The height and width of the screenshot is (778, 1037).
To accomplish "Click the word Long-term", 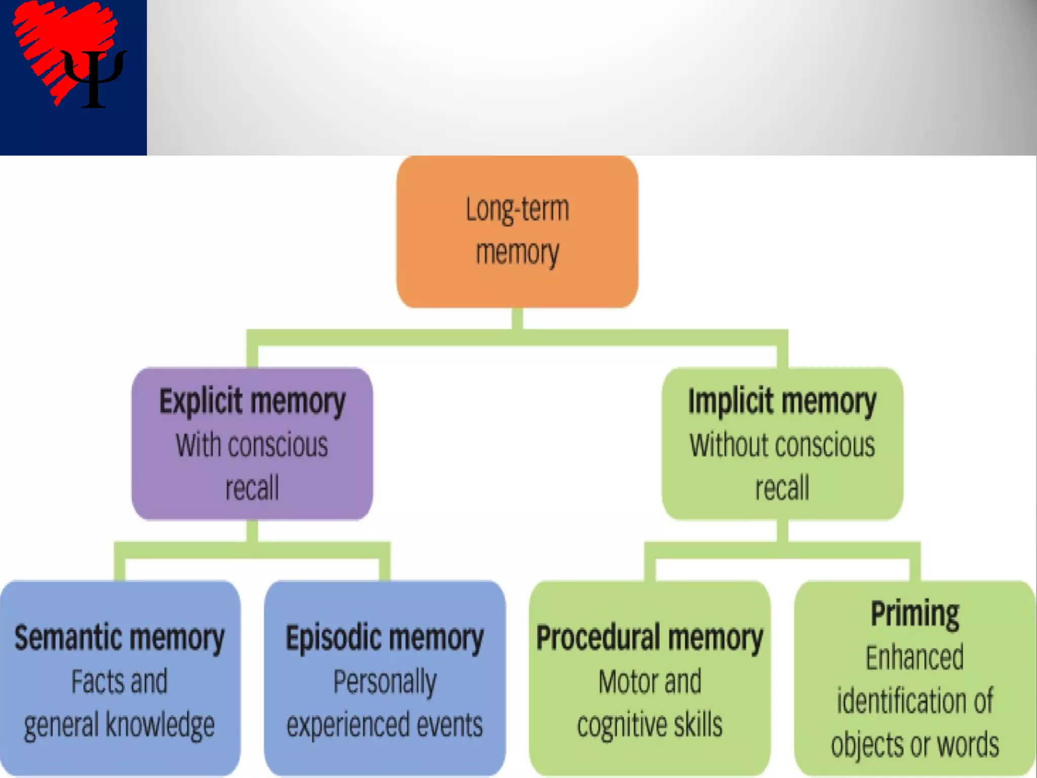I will coord(517,209).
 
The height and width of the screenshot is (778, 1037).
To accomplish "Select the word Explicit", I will coord(201,401).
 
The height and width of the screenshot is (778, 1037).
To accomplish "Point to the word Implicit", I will coord(723,401).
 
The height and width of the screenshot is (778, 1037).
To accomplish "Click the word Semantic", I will coord(60,637).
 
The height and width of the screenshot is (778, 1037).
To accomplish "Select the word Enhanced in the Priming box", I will coord(914,657).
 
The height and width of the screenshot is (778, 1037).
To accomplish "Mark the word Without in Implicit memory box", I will coord(726,445).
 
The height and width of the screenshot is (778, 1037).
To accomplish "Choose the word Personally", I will coord(385,682).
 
